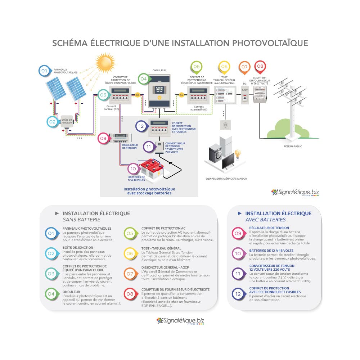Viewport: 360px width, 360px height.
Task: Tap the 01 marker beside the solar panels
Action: pos(44,71)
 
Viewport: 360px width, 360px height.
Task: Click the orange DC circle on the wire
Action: pos(138,95)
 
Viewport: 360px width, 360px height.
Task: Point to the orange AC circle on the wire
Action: pos(181,95)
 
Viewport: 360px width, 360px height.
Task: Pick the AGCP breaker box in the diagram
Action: pos(245,95)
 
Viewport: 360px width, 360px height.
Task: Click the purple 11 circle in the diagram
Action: pos(149,147)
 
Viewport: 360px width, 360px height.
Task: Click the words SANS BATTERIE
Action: pos(81,220)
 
